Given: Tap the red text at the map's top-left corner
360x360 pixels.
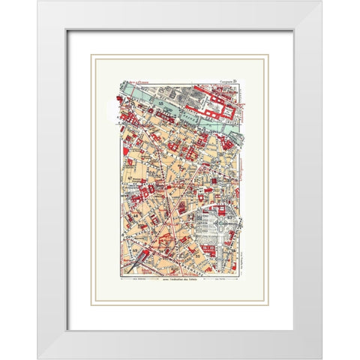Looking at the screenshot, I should click(x=130, y=79).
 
